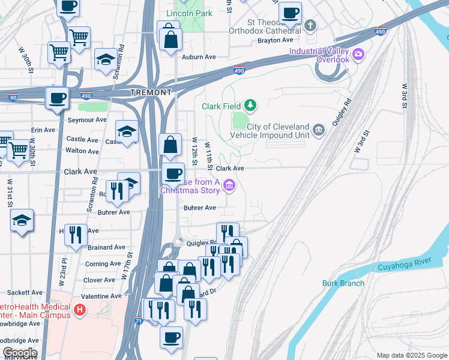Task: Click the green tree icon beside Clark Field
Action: [x=250, y=106]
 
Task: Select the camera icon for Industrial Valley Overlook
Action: [x=358, y=55]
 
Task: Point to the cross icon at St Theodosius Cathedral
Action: [x=310, y=25]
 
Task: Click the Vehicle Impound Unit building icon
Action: [x=318, y=130]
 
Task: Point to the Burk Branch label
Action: [x=343, y=283]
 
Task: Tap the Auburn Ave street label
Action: [x=199, y=57]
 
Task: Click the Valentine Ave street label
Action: [x=101, y=296]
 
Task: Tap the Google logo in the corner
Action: [x=19, y=353]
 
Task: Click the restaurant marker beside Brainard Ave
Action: [x=75, y=233]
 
